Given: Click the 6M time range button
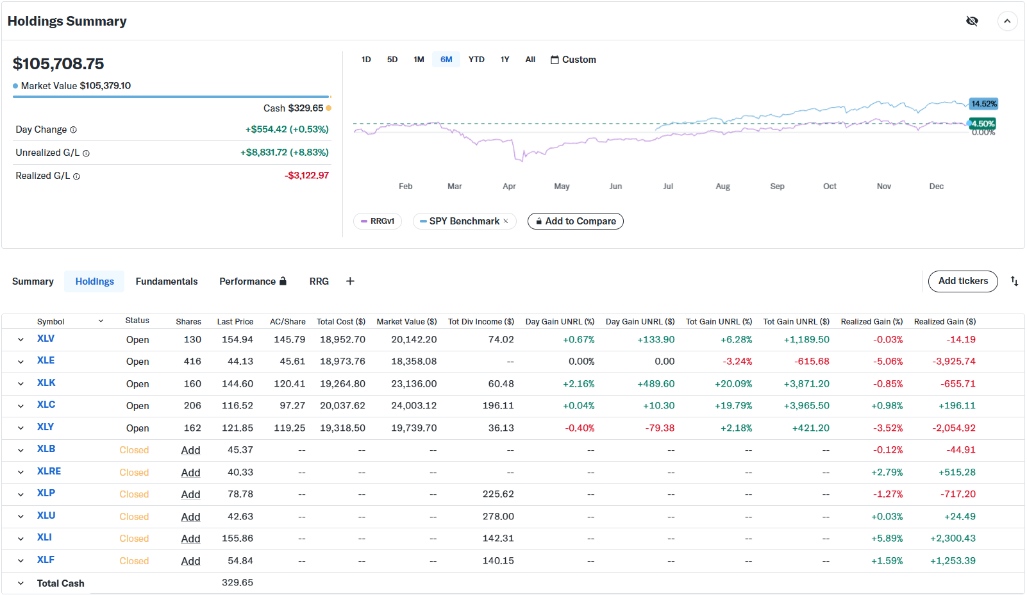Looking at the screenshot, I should click(446, 60).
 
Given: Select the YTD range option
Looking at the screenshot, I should click(476, 60).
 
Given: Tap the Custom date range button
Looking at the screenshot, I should click(573, 60).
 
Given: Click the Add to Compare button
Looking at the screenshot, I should click(575, 221).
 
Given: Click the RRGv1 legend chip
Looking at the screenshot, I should click(378, 221).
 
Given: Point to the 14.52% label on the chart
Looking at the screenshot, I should click(983, 104).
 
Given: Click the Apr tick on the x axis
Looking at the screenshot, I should click(509, 187).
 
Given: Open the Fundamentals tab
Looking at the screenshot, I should click(167, 281).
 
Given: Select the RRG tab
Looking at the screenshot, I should click(319, 281).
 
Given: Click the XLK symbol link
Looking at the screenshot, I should click(46, 383).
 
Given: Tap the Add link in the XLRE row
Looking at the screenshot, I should click(190, 473).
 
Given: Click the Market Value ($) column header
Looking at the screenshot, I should click(406, 322).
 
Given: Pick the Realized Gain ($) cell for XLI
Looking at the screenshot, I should click(953, 539).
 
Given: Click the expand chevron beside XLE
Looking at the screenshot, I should click(21, 362).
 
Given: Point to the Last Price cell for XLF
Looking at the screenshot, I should click(240, 561).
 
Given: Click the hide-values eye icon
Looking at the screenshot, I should click(972, 21).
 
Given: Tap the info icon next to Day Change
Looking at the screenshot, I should click(73, 130).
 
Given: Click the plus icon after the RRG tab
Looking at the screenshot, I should click(350, 281).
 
